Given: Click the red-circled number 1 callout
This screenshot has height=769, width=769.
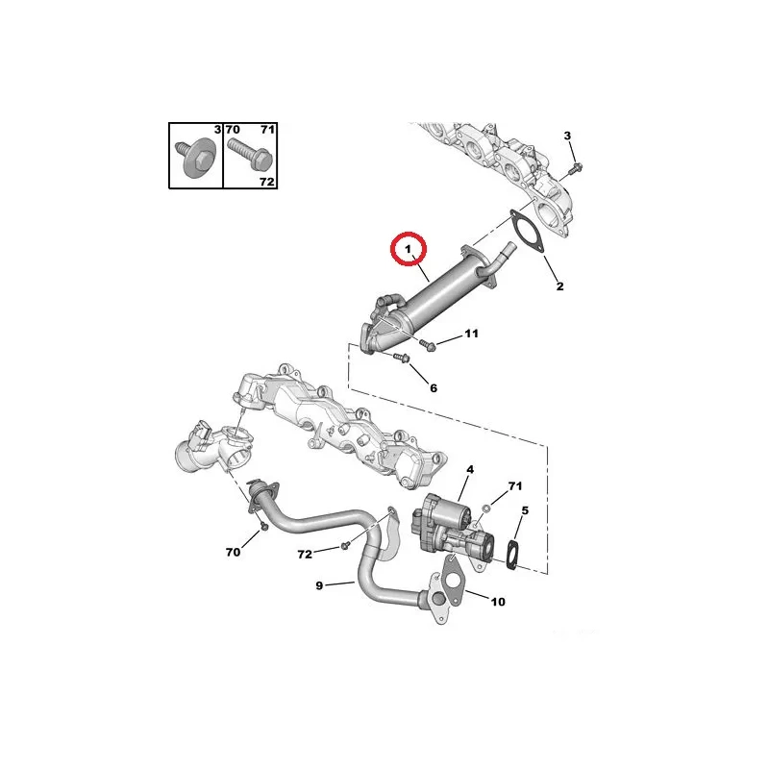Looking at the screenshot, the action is [x=408, y=249].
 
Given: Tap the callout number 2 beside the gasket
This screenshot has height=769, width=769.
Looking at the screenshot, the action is [x=559, y=285].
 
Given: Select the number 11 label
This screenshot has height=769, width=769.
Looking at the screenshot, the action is [x=471, y=334].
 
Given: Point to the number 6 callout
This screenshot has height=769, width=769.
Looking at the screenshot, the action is [x=434, y=388].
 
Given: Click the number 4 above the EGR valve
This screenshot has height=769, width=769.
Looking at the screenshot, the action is [x=470, y=469].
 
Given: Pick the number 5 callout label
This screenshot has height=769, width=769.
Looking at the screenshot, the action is [x=525, y=510].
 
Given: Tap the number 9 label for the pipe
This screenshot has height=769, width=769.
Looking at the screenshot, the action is [x=319, y=585].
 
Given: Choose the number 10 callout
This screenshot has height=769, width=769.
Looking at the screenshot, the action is [x=498, y=602].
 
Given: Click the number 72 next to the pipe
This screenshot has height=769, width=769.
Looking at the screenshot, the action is [x=305, y=555].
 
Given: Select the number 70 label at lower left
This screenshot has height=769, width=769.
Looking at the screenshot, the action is [x=233, y=552].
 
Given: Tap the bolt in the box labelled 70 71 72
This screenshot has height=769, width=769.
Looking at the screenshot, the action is [x=248, y=154].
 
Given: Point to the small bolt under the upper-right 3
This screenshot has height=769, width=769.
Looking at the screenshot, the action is [x=575, y=168].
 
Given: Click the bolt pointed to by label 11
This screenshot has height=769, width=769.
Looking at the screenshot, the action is [x=427, y=344].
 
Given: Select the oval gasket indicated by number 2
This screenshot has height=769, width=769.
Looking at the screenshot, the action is [x=526, y=232].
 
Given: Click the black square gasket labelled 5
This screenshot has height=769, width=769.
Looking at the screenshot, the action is [x=512, y=555].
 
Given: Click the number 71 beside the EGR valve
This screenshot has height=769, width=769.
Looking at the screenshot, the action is [x=515, y=486].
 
